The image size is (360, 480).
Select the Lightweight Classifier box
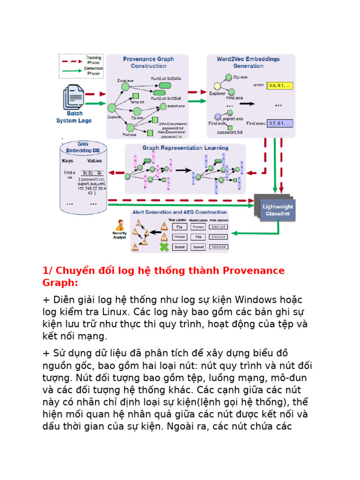(277, 210)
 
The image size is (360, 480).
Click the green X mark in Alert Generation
(164, 247)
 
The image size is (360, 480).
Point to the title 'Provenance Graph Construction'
(148, 62)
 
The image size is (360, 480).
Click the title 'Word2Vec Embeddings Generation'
(248, 62)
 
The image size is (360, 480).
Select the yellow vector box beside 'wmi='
(279, 86)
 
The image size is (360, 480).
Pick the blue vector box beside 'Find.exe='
(279, 124)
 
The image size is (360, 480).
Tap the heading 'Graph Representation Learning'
(185, 148)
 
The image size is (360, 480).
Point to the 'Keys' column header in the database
(68, 161)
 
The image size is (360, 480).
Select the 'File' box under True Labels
(180, 227)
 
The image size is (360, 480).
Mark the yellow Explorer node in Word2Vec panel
(217, 86)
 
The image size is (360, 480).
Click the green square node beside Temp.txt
(136, 96)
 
